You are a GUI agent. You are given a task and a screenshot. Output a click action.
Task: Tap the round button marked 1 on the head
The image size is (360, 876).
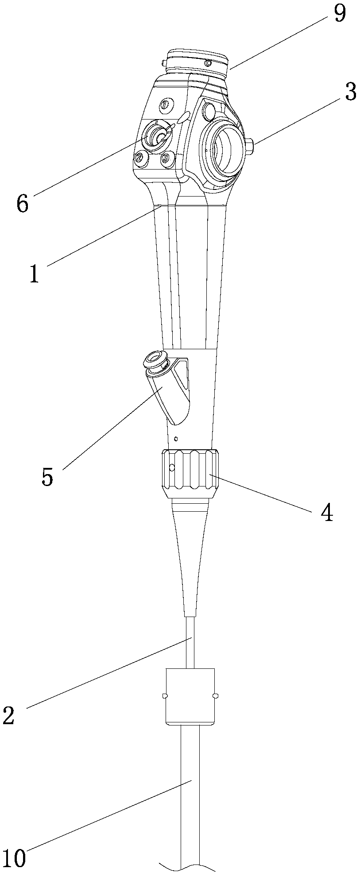click(166, 105)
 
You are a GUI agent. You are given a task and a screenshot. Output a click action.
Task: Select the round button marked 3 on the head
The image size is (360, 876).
click(166, 158)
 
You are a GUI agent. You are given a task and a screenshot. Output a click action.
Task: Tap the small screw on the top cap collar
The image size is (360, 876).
click(208, 63)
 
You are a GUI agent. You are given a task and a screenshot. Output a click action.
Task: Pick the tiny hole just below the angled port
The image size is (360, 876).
click(176, 439)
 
